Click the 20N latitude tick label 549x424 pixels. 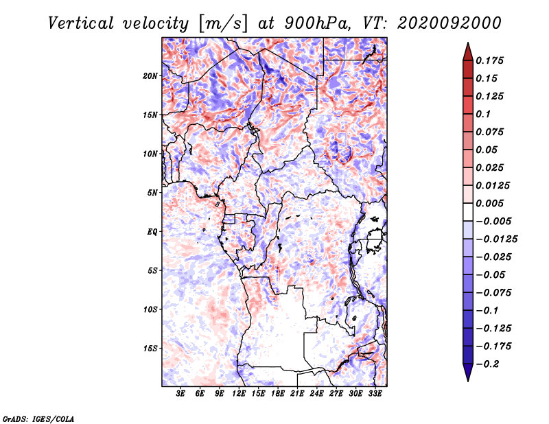[150, 76]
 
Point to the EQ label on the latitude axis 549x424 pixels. [152, 232]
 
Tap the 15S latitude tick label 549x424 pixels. [150, 349]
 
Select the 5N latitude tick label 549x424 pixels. [152, 193]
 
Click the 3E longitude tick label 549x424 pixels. [180, 394]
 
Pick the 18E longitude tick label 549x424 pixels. [278, 394]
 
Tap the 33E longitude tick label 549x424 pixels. [375, 394]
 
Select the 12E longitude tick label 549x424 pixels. [239, 394]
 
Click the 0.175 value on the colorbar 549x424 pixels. [489, 60]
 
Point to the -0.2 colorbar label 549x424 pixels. [487, 364]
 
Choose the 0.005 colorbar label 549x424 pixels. [489, 203]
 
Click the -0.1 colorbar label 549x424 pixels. [487, 311]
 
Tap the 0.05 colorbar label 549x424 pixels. [487, 150]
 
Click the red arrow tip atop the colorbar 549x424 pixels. [468, 43]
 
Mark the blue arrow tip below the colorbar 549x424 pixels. [468, 381]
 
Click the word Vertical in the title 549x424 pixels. [81, 23]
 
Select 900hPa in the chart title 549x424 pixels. [317, 23]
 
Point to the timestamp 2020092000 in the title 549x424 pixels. [449, 23]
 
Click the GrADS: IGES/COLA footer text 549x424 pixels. [38, 419]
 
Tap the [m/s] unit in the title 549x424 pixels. [223, 24]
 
